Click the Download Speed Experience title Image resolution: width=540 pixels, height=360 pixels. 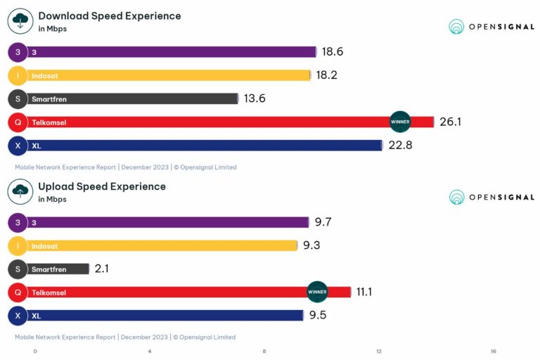[x=109, y=16]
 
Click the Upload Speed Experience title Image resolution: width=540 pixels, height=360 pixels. [x=102, y=186]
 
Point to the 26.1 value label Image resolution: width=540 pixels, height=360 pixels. [x=451, y=122]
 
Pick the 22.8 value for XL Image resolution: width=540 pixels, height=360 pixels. [x=397, y=146]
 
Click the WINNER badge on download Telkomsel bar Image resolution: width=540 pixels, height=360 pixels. [x=400, y=122]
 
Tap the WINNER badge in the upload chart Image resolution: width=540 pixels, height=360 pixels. [x=317, y=292]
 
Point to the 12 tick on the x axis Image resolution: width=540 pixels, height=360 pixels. [x=379, y=351]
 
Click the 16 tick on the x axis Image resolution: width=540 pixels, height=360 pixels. [x=494, y=351]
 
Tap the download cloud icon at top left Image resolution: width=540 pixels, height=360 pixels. [x=20, y=21]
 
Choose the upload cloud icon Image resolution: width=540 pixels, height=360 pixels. [x=20, y=191]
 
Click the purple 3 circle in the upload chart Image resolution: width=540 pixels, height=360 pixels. [x=18, y=223]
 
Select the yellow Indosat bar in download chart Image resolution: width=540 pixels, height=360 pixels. [x=169, y=75]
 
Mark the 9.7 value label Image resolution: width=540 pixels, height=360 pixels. [x=323, y=223]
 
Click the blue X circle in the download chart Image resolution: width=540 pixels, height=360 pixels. [x=18, y=146]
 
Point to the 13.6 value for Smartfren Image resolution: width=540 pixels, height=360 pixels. [x=255, y=98]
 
